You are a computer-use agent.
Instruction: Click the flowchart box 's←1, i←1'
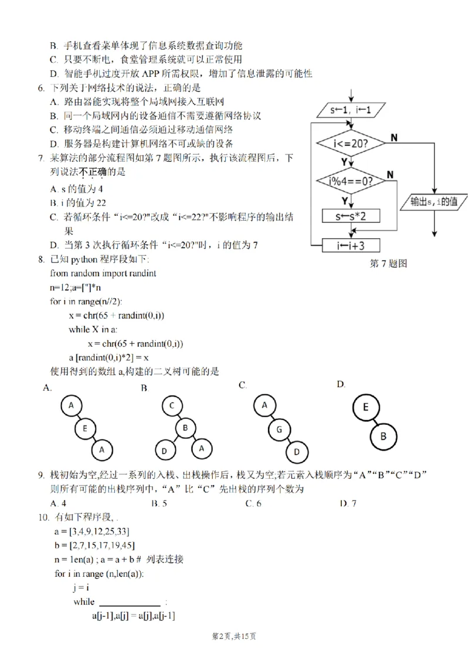(350, 110)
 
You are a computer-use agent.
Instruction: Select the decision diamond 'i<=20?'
(350, 143)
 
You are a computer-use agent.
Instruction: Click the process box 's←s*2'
(350, 216)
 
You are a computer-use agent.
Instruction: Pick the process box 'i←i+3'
(350, 245)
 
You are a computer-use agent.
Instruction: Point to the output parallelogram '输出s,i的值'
(434, 202)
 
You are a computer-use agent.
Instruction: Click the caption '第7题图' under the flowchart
(388, 263)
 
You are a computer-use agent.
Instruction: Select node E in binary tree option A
(85, 429)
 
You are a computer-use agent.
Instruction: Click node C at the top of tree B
(172, 405)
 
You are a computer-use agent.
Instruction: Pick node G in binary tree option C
(280, 429)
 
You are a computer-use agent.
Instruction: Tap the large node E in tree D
(365, 407)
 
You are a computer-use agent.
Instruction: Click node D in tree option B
(165, 451)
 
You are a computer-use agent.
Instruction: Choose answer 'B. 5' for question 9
(159, 503)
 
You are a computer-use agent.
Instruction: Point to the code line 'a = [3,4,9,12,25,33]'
(91, 532)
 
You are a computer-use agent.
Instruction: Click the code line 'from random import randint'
(103, 273)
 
